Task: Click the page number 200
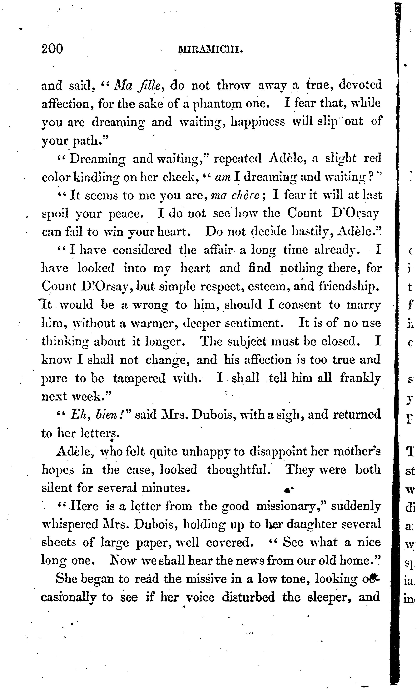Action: click(x=52, y=49)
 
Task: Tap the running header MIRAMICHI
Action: click(x=210, y=50)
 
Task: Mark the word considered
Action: click(x=142, y=250)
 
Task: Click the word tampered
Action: click(x=139, y=378)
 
